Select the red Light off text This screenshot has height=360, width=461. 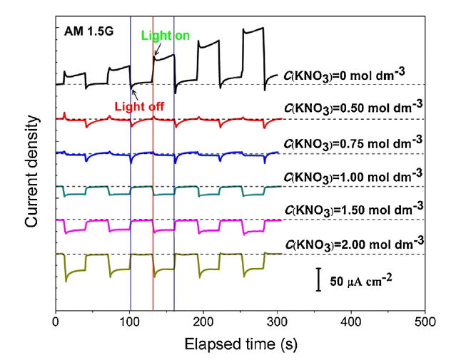tap(140, 106)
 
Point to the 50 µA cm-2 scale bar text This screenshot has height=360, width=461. tap(362, 281)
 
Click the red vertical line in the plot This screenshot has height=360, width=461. tap(153, 214)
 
